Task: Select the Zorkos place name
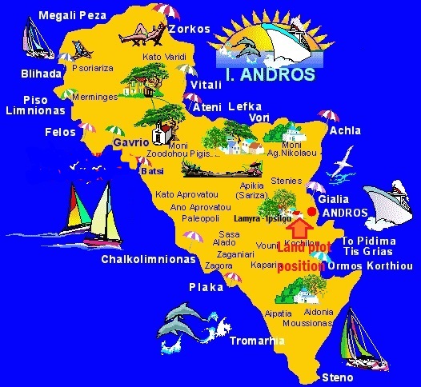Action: tap(190, 29)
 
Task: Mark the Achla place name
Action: tap(345, 130)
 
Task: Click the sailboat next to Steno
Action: tap(362, 338)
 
